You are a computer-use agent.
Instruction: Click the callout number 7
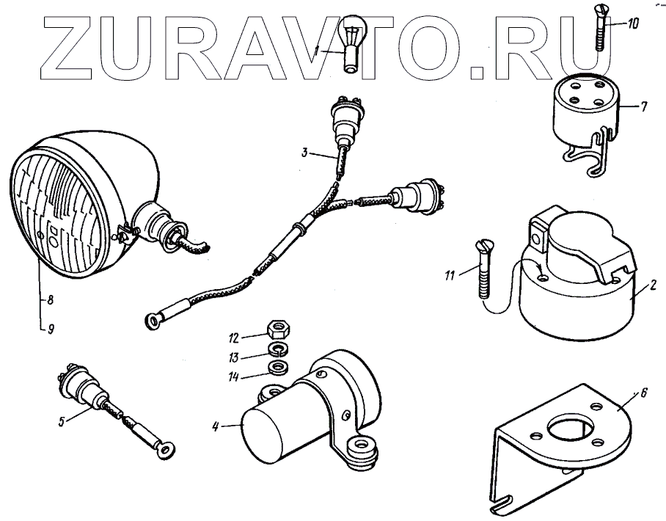point(643,107)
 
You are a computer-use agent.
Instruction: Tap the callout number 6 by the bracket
point(643,393)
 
